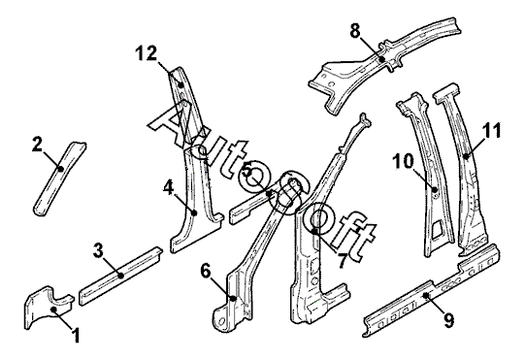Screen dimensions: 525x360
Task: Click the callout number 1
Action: coord(77,335)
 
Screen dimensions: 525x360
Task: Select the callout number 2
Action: coord(38,145)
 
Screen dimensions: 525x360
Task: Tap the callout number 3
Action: coord(98,250)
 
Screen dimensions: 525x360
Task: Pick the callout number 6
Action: coord(207,271)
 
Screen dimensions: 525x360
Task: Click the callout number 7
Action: coord(342,261)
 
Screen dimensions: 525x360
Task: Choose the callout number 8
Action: coord(355,31)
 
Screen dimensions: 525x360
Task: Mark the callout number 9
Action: coord(449,320)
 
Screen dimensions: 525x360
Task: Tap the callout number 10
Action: coord(403,161)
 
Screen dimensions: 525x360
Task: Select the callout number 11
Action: coord(491,130)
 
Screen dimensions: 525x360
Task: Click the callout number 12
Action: coord(147,53)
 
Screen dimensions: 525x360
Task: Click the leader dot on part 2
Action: coord(60,169)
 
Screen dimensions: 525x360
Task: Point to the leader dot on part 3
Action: coord(121,276)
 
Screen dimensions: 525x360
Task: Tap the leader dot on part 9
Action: coord(426,295)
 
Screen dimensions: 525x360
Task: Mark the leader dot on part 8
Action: coord(381,59)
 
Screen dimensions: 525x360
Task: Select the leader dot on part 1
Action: coord(53,310)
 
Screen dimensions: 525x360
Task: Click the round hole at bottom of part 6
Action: coord(221,321)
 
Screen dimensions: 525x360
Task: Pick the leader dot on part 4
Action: coord(194,213)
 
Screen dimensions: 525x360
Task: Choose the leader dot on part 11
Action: coord(466,155)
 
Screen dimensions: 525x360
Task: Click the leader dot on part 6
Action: coord(234,298)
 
